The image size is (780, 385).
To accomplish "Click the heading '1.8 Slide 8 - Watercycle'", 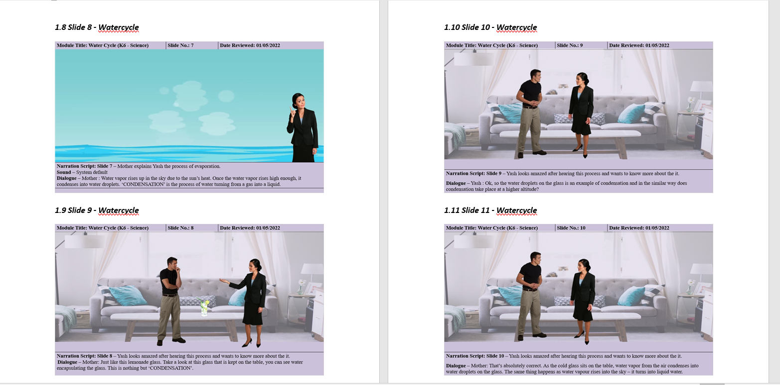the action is [x=97, y=27].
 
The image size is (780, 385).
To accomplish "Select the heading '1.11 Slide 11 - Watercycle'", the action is [x=490, y=210].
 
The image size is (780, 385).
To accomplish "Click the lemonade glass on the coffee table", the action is [x=204, y=307].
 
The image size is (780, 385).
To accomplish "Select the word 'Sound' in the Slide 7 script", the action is [x=64, y=172].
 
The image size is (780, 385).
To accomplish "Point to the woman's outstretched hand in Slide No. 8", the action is [x=224, y=280].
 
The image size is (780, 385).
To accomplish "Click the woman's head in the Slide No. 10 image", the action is [x=584, y=266].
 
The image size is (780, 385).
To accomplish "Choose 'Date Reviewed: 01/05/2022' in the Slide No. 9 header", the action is [x=639, y=45].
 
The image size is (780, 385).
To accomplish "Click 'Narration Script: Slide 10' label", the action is [x=475, y=356].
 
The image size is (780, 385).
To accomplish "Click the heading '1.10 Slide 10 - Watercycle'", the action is [x=490, y=27].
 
